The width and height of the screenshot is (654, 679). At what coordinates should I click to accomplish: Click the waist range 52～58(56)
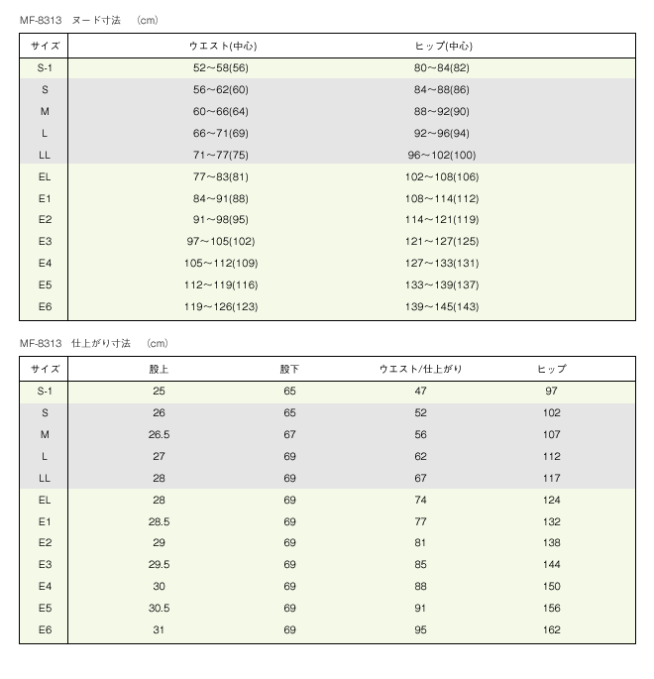[x=221, y=68]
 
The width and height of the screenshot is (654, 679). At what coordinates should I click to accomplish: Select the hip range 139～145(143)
[x=442, y=306]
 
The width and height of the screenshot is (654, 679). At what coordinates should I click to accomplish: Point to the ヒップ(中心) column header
[x=442, y=46]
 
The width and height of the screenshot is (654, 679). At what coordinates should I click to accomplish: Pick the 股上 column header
[x=160, y=369]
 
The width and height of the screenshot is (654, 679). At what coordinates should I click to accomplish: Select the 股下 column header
[x=289, y=369]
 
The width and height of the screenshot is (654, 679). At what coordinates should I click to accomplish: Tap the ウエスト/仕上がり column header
[x=421, y=369]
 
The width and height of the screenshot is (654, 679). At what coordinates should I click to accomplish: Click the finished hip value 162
[x=552, y=629]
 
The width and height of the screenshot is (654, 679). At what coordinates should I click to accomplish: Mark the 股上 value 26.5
[x=160, y=435]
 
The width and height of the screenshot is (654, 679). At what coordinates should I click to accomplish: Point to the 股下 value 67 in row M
[x=289, y=435]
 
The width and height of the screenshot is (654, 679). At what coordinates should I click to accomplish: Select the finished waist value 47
[x=421, y=392]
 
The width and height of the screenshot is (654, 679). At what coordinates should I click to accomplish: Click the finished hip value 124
[x=552, y=500]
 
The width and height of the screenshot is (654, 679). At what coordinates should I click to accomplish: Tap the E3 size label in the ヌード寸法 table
[x=45, y=241]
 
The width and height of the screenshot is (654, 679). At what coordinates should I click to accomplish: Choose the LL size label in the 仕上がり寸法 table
[x=45, y=478]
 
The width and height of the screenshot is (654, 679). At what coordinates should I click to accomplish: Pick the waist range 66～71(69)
[x=221, y=133]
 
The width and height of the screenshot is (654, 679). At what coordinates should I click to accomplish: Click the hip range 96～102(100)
[x=442, y=155]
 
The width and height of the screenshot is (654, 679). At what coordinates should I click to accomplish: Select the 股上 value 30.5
[x=160, y=608]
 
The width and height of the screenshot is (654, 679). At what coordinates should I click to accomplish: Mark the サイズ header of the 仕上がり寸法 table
[x=45, y=369]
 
